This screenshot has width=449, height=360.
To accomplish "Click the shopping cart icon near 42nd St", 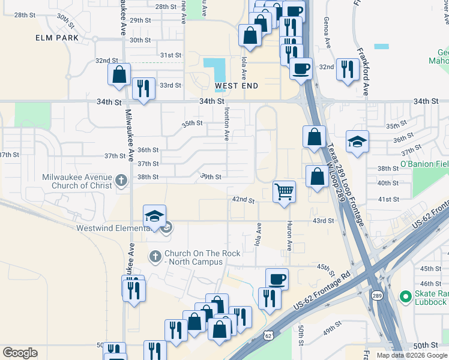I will [285, 192].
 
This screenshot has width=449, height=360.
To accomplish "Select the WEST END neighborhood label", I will [237, 86].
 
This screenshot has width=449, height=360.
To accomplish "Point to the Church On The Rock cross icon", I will [155, 257].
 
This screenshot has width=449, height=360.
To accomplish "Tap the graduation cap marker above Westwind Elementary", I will [154, 216].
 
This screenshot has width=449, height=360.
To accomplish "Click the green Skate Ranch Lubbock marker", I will [405, 296].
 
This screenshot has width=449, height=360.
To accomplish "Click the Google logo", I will [20, 353].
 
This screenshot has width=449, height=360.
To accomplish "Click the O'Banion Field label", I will [424, 164].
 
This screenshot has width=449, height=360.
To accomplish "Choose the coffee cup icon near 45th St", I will [277, 278].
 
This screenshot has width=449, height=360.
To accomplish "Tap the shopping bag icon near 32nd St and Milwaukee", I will [119, 74].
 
